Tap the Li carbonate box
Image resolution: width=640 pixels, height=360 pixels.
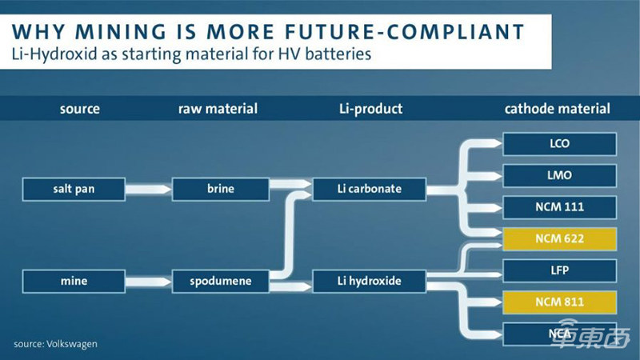(368, 190)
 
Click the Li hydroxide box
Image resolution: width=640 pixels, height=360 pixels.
(368, 281)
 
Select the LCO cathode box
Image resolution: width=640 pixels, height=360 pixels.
(560, 144)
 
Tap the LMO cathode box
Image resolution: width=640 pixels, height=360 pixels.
(560, 175)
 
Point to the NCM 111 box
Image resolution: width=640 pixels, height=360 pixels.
(560, 206)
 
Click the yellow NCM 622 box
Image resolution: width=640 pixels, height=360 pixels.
(560, 238)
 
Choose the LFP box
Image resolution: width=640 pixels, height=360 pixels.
(560, 270)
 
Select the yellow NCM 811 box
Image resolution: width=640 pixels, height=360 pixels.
(560, 301)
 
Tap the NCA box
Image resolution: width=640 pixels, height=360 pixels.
(560, 333)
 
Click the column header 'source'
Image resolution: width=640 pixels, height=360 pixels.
(79, 109)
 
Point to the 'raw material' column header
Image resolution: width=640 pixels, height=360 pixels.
(218, 109)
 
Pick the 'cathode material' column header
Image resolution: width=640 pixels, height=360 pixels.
(558, 109)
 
